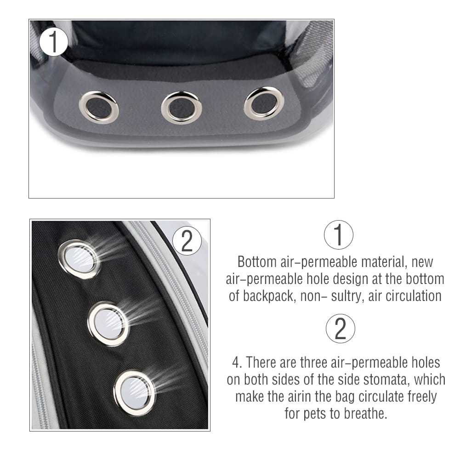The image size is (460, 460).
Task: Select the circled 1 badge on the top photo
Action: (x=54, y=42)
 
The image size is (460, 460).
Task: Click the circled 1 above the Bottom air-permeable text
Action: (x=339, y=235)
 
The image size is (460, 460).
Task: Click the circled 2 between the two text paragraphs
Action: (x=341, y=329)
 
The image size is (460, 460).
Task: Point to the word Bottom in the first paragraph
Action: (x=257, y=261)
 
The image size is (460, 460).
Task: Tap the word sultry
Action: (x=347, y=296)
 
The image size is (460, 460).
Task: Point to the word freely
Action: (x=422, y=397)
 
